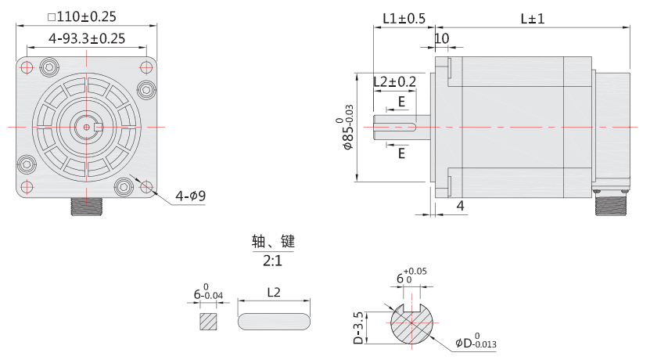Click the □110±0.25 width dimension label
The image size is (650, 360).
[x=87, y=16]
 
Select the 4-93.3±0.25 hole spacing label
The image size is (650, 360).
[x=87, y=38]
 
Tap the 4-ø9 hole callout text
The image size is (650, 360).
[x=190, y=196]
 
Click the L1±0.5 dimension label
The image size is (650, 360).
[x=404, y=18]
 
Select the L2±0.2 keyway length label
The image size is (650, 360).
[x=394, y=81]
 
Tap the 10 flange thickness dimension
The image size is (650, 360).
[x=441, y=38]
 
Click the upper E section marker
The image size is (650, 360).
[x=401, y=102]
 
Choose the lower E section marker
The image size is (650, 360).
[x=401, y=154]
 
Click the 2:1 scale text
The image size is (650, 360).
[x=273, y=260]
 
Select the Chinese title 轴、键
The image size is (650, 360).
[x=273, y=240]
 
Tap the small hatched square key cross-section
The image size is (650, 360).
[x=208, y=322]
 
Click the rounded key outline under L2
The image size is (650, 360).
[x=275, y=322]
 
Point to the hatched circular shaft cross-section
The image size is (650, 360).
[x=415, y=322]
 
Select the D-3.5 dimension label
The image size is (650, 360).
[x=358, y=326]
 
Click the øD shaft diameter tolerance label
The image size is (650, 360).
[x=476, y=342]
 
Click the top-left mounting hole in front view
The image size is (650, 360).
[x=27, y=67]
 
